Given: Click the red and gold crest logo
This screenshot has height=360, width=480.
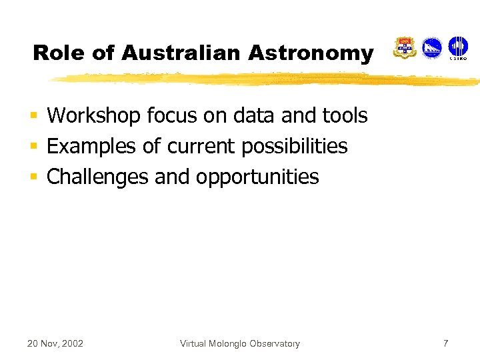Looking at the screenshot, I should [405, 48].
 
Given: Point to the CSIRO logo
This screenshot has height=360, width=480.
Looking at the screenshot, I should [458, 48].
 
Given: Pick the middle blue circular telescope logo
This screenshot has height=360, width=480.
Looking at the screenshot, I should [432, 48].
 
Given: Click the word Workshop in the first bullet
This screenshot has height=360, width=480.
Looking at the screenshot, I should [94, 116].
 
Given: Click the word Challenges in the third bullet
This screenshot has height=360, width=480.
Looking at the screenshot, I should [98, 177].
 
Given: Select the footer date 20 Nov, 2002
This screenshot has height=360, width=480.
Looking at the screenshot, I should [55, 344].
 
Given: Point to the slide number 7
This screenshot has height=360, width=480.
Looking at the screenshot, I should [446, 343].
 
